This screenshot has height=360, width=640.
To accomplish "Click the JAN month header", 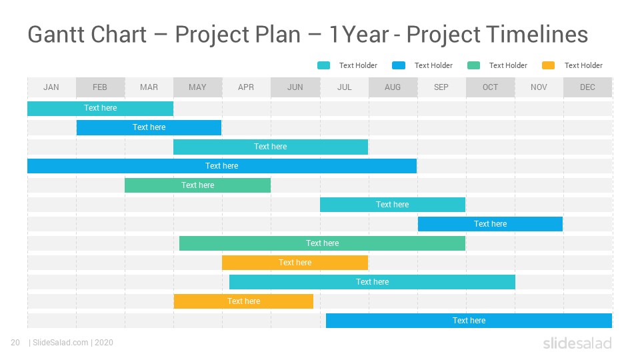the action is point(51,87).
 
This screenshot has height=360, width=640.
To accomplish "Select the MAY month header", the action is point(197,87).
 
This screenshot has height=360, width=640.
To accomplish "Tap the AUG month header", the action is point(393,87).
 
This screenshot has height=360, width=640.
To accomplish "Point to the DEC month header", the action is point(587,87).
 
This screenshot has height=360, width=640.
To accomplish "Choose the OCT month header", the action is point(490,87).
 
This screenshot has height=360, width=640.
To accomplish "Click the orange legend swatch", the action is point(548,65).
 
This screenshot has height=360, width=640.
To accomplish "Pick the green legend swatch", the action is point(473,65).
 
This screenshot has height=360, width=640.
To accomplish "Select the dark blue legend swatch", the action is point(399,65).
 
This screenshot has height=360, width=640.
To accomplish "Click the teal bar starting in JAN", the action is point(101,108).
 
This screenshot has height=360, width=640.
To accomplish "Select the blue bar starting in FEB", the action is point(149,127).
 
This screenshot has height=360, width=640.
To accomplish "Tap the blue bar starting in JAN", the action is point(222,166).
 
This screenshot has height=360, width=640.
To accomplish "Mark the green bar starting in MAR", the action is point(197,185).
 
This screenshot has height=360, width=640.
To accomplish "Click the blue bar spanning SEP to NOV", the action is point(490,224).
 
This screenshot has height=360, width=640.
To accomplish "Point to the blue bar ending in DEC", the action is point(469,321).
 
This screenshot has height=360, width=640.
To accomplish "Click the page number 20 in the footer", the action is point(15,343).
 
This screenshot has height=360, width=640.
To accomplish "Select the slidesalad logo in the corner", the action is point(577,343).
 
